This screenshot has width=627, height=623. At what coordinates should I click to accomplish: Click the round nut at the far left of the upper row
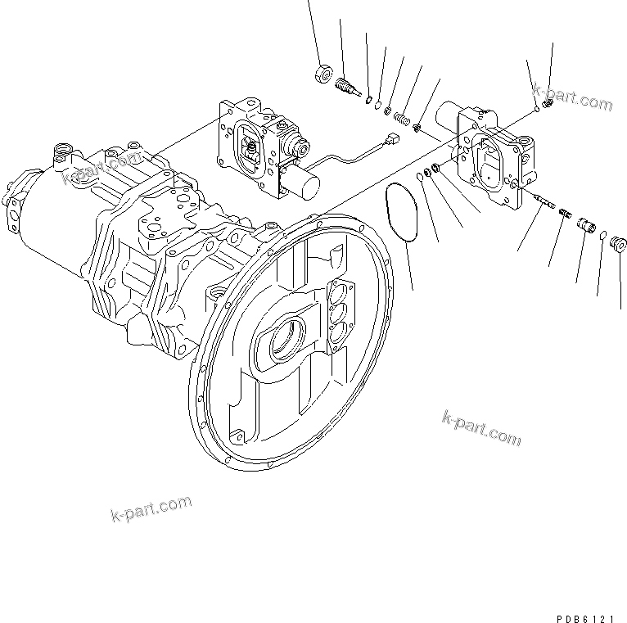322,75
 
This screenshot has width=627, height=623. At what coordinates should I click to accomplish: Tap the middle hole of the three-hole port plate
337,312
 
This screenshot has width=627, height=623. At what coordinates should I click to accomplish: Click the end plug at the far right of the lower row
619,244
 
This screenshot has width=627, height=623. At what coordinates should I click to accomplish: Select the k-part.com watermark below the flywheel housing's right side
480,427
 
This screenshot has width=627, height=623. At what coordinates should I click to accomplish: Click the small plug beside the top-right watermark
548,102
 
